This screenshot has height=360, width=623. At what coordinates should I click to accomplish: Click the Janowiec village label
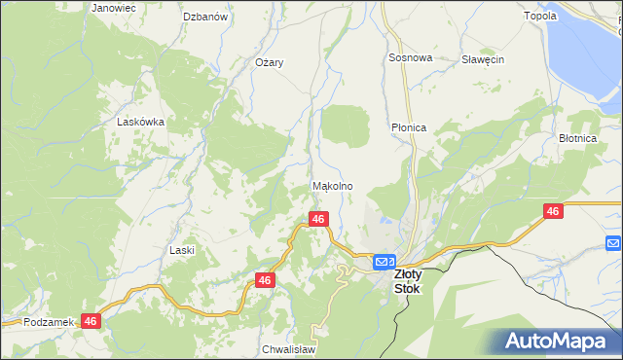coord(114,8)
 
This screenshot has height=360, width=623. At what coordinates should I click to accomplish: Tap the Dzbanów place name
coord(205,18)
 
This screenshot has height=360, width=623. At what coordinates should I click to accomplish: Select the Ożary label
coord(269,62)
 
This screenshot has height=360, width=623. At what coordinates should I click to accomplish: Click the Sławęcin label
coord(482,59)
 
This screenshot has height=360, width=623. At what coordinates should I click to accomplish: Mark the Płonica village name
coord(409,127)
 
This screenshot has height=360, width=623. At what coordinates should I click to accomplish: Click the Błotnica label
coord(577,138)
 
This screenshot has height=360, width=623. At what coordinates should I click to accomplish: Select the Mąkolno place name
coord(332,186)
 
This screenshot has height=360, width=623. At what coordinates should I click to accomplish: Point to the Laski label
coord(182,250)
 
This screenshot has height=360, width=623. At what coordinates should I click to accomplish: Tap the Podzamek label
coord(49,322)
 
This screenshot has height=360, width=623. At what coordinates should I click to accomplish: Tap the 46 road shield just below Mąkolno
coord(317,220)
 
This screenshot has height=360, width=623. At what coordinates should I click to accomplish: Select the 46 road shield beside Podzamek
coord(91,320)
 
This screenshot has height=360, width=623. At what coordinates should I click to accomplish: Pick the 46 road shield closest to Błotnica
coord(553,211)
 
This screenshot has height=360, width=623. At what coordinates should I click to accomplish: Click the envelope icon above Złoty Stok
coord(384,261)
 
